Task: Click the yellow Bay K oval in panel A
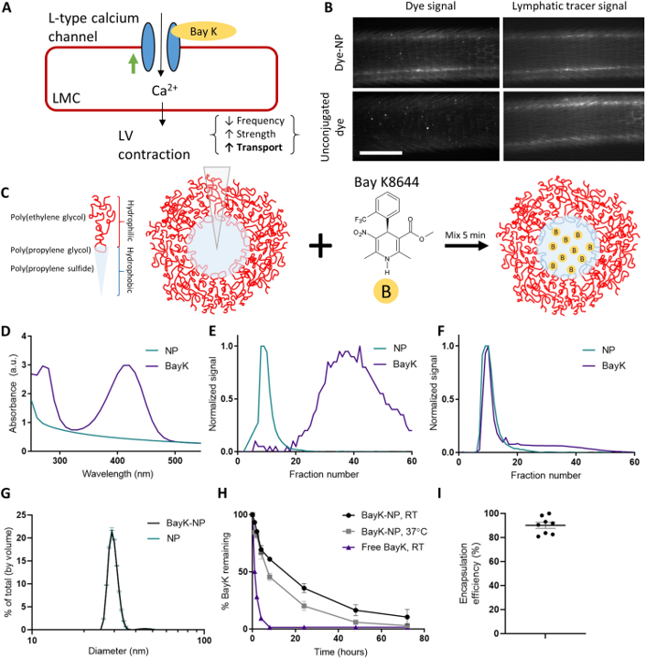coord(204,31)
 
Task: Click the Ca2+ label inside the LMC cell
coord(164,90)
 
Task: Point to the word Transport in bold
coord(260,147)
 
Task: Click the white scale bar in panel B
coord(381,153)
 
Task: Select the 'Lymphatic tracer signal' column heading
coord(569,6)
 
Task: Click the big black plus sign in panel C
coord(321,245)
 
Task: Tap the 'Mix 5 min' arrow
coord(467,245)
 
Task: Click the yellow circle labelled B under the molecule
coord(386,291)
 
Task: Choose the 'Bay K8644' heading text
coord(386,182)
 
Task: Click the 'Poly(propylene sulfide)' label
coord(52,268)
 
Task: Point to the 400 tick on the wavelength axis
coord(118,460)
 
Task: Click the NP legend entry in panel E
coord(390,349)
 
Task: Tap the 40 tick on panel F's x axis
coord(576,461)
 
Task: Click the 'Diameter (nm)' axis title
coord(118,651)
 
